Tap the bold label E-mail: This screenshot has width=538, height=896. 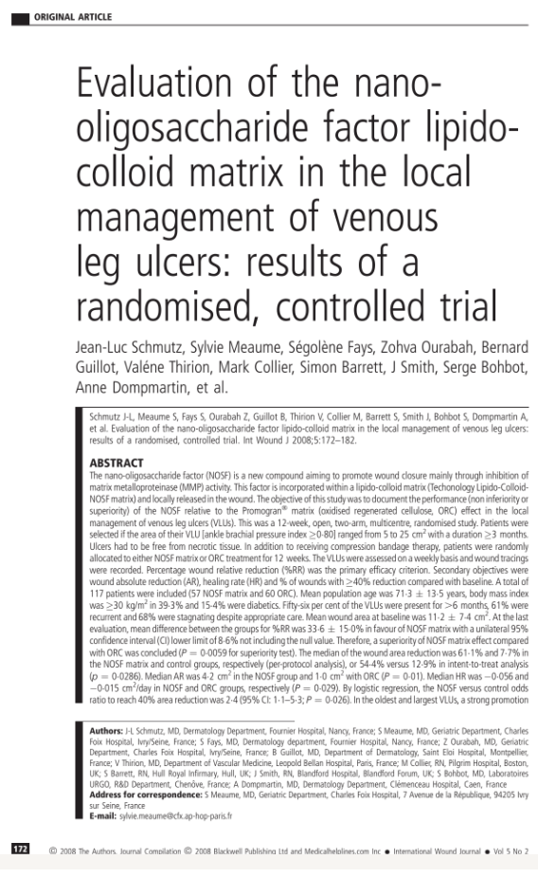(102, 815)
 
